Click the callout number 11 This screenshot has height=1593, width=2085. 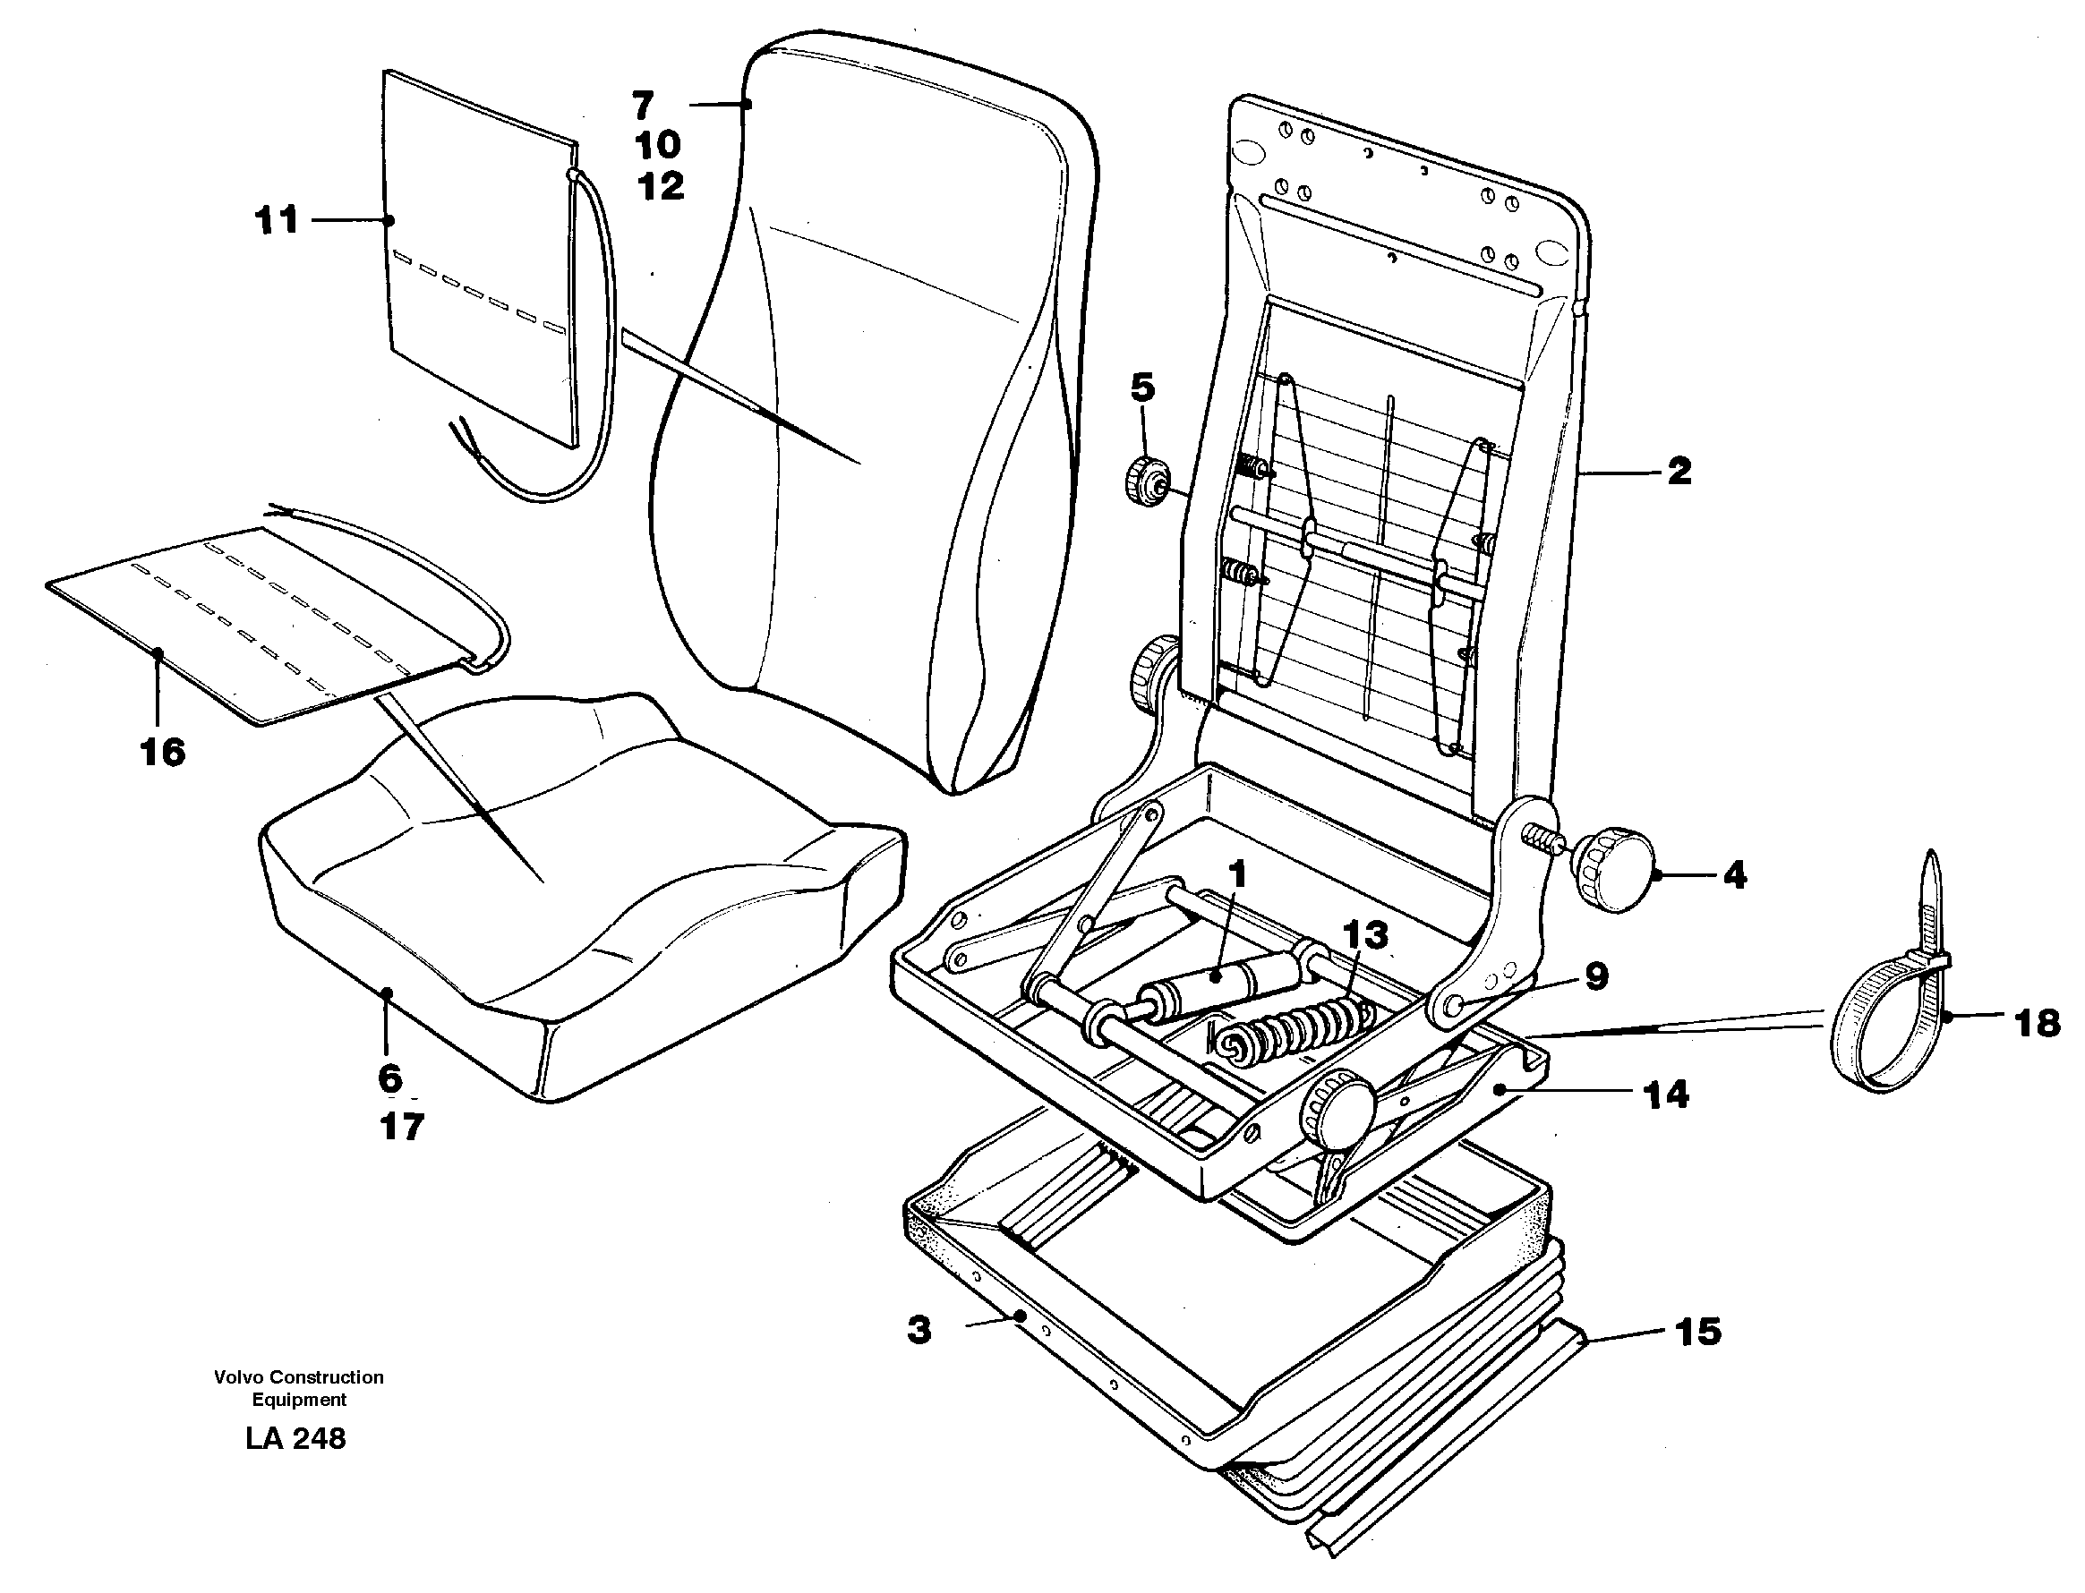[x=276, y=221]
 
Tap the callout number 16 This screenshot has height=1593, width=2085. [x=162, y=752]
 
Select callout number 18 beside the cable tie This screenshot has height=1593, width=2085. [x=2038, y=1023]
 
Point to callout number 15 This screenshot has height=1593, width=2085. [x=1698, y=1332]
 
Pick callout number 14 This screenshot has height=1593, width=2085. [x=1667, y=1095]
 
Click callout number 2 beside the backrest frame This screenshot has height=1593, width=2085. [x=1679, y=472]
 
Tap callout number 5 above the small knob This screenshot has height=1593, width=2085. [x=1143, y=388]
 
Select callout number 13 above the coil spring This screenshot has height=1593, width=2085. [x=1365, y=936]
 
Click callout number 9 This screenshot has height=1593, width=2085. [x=1596, y=976]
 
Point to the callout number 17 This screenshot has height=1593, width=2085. [x=401, y=1127]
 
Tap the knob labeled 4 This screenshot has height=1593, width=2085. [x=1612, y=870]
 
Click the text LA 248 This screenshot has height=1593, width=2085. [x=295, y=1438]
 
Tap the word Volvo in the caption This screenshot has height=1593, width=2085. [x=238, y=1376]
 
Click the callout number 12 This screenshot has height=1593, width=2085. [x=660, y=186]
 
